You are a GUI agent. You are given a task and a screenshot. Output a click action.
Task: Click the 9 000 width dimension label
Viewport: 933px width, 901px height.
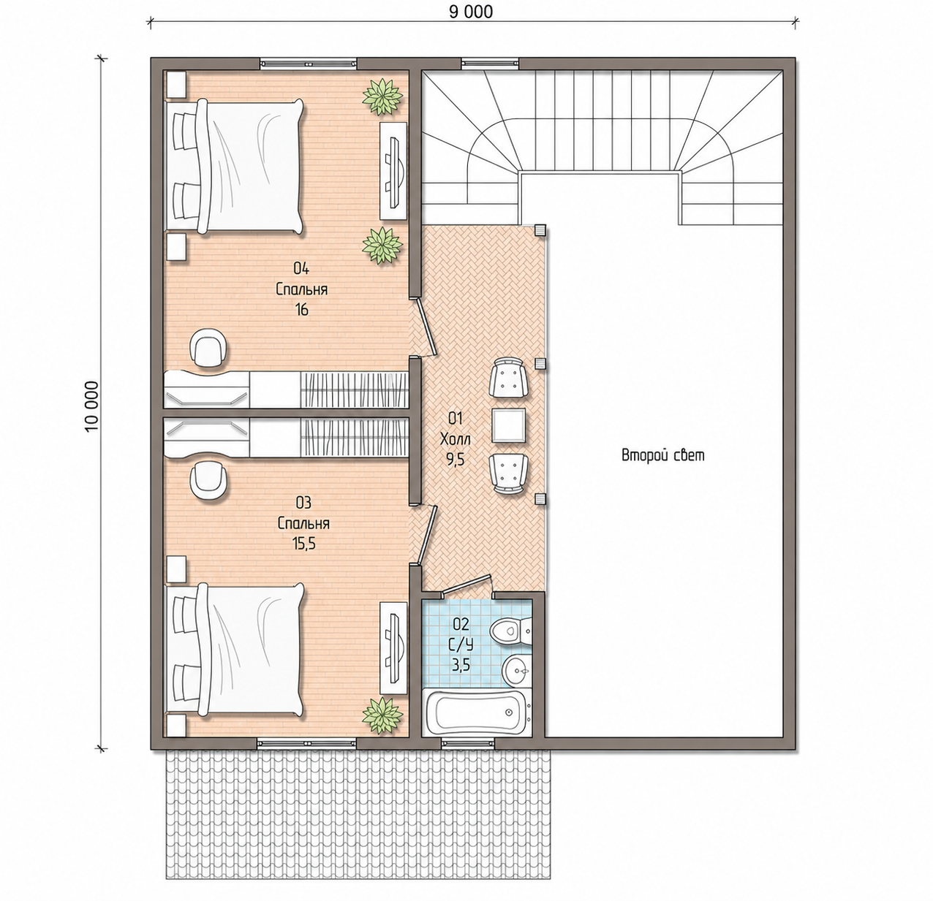pos(470,12)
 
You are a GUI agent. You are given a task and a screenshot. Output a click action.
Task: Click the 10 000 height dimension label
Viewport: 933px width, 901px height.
pos(91,406)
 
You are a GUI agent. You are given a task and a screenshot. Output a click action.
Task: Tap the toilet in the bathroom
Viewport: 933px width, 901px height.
pos(510,631)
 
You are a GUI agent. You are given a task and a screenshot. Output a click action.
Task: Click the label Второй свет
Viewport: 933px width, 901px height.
pos(663,455)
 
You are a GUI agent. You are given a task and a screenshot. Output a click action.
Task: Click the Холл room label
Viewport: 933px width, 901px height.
pos(455,438)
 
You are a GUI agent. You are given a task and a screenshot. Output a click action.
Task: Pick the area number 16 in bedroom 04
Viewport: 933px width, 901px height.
pos(301,310)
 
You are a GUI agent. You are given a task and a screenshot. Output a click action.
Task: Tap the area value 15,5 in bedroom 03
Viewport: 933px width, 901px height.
pos(303,544)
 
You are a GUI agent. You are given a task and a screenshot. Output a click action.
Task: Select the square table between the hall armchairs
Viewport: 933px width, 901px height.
pos(509,425)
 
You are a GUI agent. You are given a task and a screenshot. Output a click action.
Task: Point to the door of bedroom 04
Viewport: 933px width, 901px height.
pos(425,327)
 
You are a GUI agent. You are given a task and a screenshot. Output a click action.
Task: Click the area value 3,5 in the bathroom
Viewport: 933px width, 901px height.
pos(460,665)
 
